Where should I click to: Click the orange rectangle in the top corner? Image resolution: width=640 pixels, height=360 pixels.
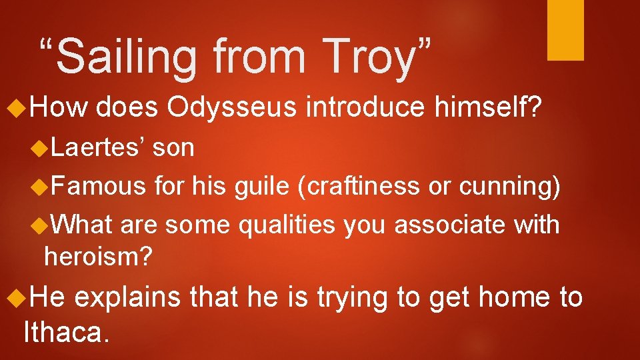click(x=565, y=30)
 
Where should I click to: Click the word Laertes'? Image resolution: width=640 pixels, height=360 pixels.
click(x=99, y=148)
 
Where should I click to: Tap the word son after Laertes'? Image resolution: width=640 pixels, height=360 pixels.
click(x=173, y=148)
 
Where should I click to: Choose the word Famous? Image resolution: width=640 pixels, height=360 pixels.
click(x=102, y=187)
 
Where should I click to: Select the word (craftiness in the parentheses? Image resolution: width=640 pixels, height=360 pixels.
click(x=359, y=187)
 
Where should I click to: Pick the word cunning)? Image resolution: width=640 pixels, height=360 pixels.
click(x=508, y=187)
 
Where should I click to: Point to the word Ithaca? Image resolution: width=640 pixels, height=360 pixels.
click(x=65, y=331)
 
